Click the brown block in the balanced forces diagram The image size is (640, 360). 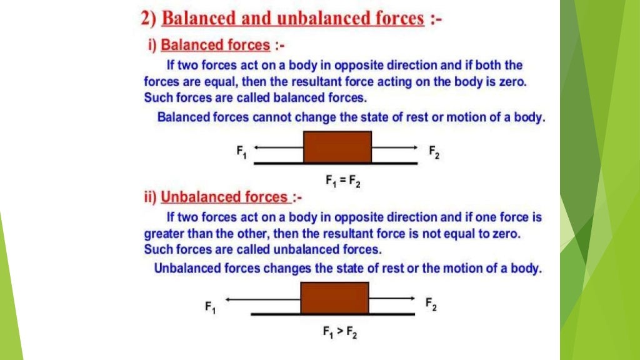[337, 147]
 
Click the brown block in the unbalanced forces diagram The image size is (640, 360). [334, 297]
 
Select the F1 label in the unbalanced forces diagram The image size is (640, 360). [210, 307]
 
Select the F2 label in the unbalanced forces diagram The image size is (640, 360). [431, 304]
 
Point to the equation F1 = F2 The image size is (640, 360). [342, 181]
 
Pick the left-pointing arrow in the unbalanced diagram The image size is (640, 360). [262, 300]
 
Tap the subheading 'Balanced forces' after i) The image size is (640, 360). [216, 45]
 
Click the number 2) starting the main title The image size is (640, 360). [148, 19]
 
